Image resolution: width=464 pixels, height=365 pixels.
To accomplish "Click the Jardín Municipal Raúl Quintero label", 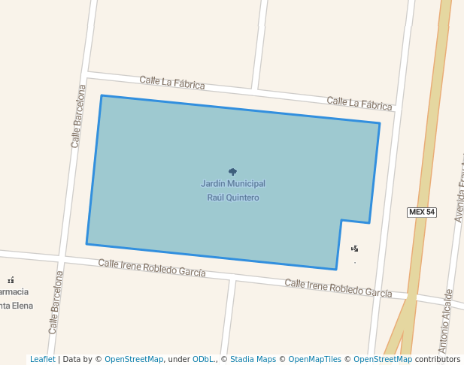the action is [x=233, y=190].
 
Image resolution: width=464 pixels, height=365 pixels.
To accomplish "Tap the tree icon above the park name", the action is [x=232, y=172].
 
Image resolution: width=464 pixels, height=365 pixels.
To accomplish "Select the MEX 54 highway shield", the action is [x=422, y=212].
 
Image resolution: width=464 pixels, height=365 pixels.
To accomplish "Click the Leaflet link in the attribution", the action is [x=42, y=359].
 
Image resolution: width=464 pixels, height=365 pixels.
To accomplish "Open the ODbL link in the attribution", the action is [x=202, y=359].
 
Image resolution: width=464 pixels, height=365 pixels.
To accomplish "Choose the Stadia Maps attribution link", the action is [x=253, y=359].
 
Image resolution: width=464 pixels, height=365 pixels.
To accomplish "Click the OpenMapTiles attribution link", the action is [x=314, y=359].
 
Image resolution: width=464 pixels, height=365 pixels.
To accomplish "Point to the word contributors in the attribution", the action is [x=438, y=359].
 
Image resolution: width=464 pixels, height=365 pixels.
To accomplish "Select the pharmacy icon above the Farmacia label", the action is [x=11, y=280].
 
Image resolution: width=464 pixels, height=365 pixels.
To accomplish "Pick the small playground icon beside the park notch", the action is [x=355, y=248].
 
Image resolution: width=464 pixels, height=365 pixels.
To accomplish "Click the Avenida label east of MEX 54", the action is [x=459, y=192].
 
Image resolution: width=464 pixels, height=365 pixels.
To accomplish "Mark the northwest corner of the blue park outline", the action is [x=102, y=95].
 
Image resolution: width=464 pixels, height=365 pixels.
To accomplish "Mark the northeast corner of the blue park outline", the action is [x=380, y=123].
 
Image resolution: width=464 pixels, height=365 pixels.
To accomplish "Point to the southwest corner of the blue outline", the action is [x=86, y=243].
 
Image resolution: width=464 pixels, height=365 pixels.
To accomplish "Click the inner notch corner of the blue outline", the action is [x=341, y=220].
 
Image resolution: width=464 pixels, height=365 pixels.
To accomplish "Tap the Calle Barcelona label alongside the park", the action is [x=76, y=116].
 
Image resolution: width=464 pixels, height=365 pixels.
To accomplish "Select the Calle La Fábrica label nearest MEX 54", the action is [x=359, y=103].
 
